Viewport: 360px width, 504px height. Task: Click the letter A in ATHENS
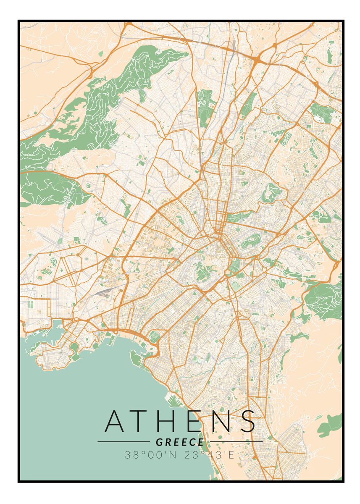[115, 421]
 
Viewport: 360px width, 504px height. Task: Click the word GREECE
[180, 442]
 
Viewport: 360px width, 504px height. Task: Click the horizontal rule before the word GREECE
[123, 442]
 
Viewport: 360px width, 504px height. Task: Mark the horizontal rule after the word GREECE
[236, 442]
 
